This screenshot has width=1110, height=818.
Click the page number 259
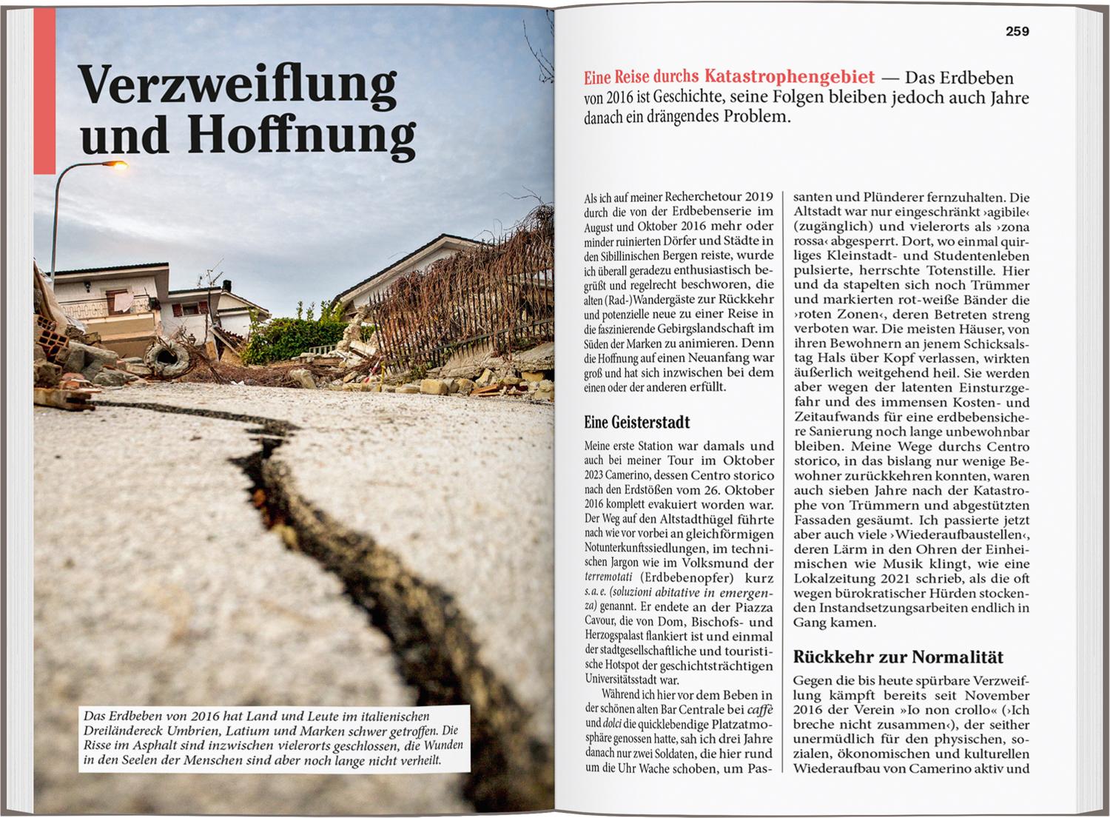1017,31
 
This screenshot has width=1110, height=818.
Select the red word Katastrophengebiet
790,77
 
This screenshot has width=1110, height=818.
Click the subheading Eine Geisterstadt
636,422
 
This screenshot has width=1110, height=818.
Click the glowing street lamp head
116,164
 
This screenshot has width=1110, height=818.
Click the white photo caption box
273,738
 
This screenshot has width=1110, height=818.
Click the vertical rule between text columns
784,481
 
